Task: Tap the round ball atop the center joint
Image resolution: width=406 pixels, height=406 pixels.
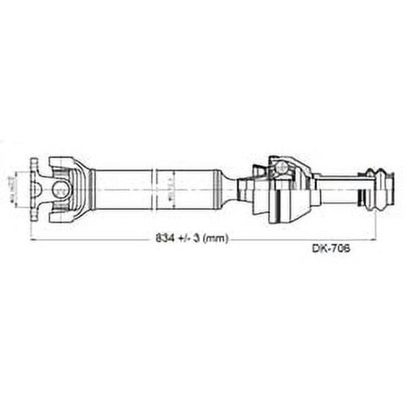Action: pos(280,167)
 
